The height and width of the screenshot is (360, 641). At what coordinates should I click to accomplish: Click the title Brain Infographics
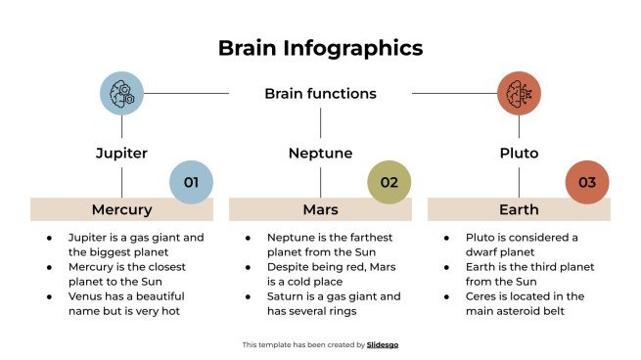tap(320, 48)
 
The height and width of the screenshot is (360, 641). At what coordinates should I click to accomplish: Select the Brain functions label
tap(320, 94)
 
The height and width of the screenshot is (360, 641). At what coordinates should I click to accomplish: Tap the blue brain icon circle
tap(121, 93)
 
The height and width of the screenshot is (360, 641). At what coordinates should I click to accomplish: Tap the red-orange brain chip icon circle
tap(519, 93)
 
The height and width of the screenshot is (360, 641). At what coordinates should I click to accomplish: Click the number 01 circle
tap(191, 182)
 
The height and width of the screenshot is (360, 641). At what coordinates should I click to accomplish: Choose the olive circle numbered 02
tap(389, 182)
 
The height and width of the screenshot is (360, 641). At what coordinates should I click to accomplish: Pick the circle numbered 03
tap(587, 182)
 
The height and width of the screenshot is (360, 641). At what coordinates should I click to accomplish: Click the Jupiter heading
tap(121, 154)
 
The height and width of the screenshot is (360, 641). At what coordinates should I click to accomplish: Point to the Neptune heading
tap(320, 154)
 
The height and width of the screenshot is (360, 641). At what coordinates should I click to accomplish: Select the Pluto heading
tap(519, 154)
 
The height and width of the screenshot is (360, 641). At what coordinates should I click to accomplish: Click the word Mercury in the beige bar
tap(121, 209)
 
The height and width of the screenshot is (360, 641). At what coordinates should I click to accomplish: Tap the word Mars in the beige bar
tap(320, 209)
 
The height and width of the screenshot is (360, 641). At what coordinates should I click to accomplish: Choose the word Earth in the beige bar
tap(519, 209)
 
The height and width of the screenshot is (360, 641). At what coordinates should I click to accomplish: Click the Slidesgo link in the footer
tap(383, 344)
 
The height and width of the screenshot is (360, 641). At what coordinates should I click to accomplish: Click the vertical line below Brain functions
tap(320, 122)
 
